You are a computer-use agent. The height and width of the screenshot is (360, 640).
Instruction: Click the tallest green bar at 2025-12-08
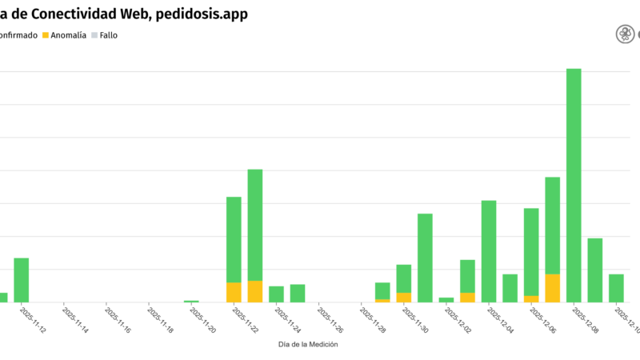(574, 184)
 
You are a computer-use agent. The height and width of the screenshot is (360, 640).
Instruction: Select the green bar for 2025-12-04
(489, 250)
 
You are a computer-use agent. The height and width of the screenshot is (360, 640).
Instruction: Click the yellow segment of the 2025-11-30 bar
(404, 297)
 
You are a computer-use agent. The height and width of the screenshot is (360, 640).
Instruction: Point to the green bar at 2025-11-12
(22, 279)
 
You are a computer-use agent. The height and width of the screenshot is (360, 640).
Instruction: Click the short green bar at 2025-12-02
(446, 299)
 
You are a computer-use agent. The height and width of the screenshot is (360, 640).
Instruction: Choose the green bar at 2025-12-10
(616, 288)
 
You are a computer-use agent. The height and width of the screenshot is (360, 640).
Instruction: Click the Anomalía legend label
(68, 35)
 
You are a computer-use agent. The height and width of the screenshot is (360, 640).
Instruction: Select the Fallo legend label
(109, 35)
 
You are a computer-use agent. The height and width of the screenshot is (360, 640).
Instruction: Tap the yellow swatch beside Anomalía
(46, 35)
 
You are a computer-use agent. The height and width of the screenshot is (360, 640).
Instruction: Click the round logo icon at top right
(624, 34)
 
